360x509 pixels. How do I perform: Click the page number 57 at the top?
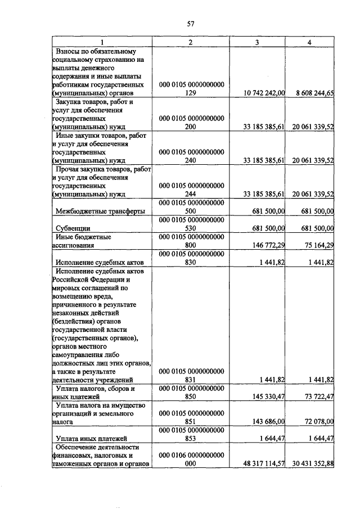[x=190, y=23]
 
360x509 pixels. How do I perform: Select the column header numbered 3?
[x=257, y=43]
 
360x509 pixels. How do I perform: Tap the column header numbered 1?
[x=102, y=43]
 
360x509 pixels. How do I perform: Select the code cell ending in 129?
[x=192, y=89]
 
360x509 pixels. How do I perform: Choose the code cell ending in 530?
[x=192, y=224]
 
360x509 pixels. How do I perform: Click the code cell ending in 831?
[x=192, y=375]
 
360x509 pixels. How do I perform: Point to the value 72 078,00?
[x=314, y=421]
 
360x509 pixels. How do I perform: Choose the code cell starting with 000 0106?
[x=192, y=459]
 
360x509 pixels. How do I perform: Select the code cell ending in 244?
[x=192, y=190]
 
